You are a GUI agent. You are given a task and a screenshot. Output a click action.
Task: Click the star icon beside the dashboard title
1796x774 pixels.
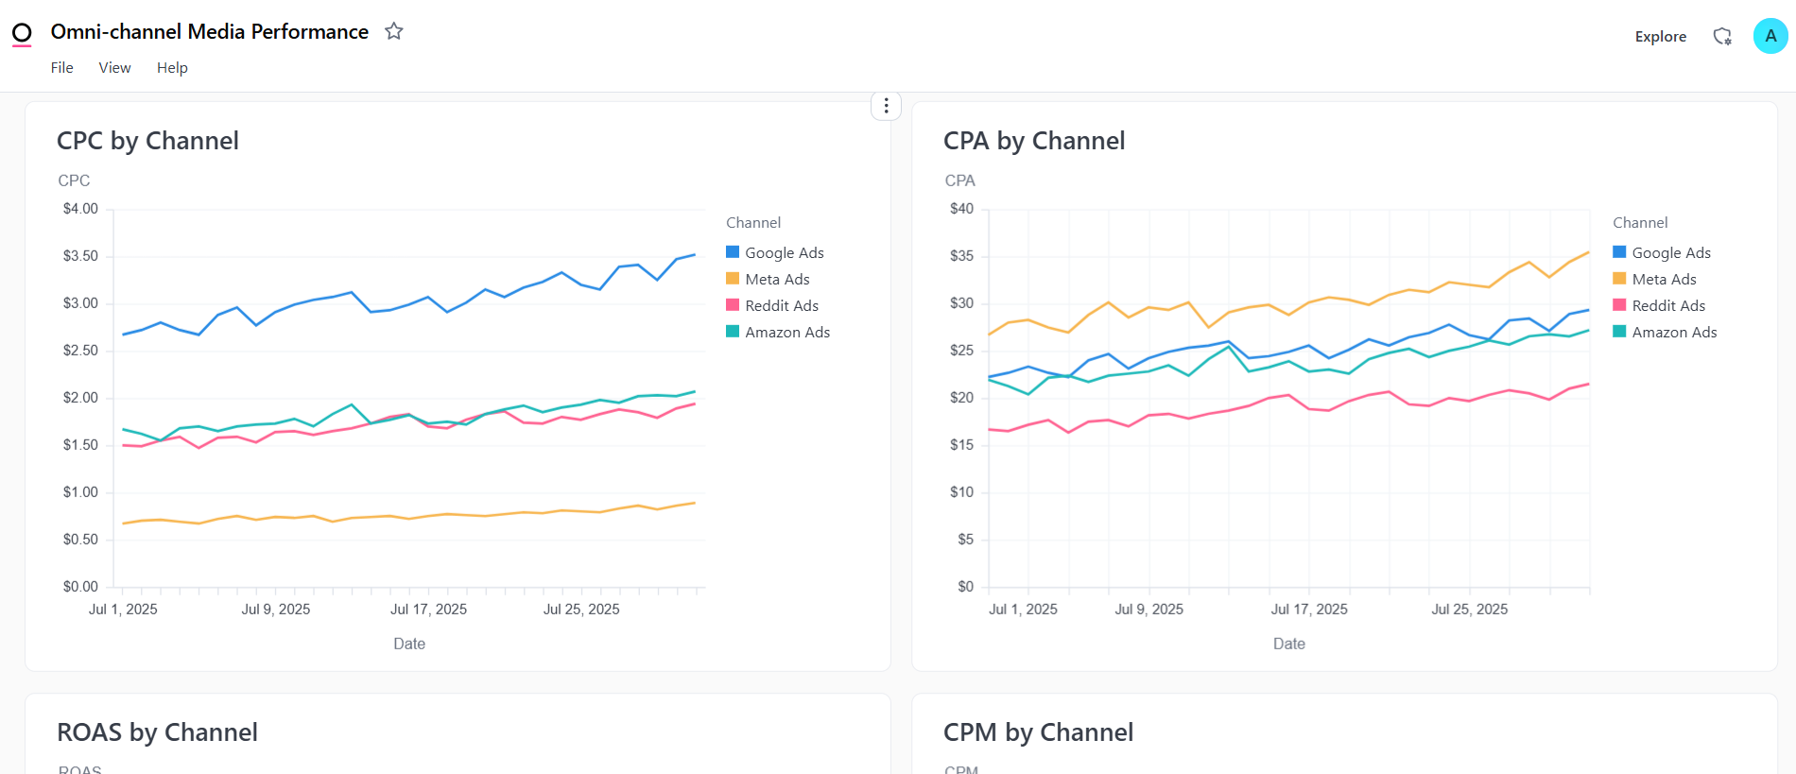coord(394,31)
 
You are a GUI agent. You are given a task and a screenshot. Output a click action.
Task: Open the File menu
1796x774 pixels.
coord(61,68)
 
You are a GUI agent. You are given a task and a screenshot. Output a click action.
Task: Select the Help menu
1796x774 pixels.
coord(172,68)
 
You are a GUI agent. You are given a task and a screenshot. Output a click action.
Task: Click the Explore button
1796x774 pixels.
coord(1660,37)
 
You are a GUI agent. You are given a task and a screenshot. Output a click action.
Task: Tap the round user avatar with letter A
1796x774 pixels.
coord(1770,36)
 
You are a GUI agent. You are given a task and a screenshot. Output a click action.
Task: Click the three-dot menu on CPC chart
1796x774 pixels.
coord(886,106)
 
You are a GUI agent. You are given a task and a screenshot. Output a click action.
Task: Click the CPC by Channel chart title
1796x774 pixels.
coord(147,141)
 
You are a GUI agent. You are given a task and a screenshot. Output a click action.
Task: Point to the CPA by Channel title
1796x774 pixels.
coord(1033,141)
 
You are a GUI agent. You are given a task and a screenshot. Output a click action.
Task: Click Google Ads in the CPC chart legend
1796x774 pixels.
coord(784,253)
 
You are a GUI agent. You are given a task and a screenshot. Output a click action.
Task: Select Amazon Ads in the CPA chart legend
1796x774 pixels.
coord(1673,333)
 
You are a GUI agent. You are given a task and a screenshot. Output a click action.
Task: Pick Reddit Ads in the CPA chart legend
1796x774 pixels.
coord(1667,306)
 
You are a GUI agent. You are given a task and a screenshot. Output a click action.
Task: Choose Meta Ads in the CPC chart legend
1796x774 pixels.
coord(776,280)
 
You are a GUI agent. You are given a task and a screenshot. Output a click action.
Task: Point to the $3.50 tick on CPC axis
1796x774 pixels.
coord(80,256)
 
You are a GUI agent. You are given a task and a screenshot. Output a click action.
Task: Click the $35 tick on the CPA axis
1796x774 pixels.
coord(961,256)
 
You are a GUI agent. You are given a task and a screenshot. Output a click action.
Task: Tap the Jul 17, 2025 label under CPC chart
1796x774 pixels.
coord(428,610)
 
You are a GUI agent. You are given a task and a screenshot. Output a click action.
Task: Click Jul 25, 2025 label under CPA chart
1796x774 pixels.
coord(1469,610)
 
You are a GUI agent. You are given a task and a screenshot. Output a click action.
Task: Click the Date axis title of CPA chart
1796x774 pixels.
coord(1288,644)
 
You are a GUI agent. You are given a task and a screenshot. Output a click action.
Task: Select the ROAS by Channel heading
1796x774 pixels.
coord(157,732)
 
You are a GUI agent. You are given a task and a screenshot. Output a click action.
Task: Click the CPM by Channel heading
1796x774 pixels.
coord(1038,732)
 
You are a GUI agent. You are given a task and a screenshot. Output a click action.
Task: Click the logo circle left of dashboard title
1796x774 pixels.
coord(22,34)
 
